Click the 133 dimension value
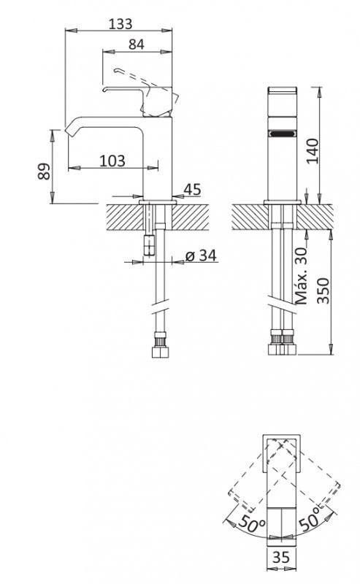point(120,24)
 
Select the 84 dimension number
point(137,45)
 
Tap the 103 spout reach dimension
point(112,161)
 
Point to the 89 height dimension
point(44,171)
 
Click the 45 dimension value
point(192,189)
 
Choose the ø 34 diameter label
point(201,255)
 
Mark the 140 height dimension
point(313,151)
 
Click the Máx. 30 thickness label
point(301,276)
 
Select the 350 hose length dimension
point(323,291)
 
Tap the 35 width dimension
point(280,557)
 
